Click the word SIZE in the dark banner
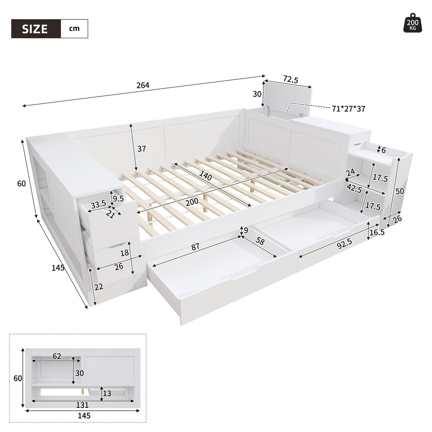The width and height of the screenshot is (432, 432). coord(35,29)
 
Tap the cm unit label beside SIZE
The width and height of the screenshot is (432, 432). coord(74,29)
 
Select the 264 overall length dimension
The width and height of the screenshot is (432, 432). coord(143,85)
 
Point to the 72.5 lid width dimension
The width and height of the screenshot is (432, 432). coord(291,79)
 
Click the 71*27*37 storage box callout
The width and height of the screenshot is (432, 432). coord(348,109)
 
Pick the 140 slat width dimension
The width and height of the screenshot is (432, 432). coord(206,175)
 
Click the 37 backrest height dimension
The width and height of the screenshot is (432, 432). coord(141,149)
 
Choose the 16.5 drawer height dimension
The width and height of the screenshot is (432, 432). coord(377,232)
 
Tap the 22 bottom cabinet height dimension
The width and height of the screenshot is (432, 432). coord(99,287)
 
